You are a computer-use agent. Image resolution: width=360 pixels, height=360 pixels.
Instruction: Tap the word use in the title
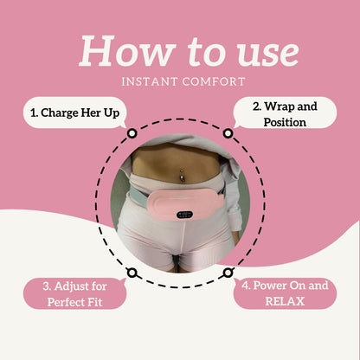point(268,55)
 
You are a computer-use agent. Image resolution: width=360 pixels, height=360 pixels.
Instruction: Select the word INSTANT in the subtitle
point(150,81)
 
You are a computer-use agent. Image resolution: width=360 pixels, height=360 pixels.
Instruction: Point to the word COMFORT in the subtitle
point(214,81)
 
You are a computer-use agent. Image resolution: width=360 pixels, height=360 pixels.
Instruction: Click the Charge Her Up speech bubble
point(75,112)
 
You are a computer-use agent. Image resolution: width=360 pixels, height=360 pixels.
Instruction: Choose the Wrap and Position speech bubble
point(285,113)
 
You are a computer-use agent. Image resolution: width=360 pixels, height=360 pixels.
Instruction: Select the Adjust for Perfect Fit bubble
point(75,293)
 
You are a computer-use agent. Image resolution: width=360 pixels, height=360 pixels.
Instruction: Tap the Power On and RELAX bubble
point(285,293)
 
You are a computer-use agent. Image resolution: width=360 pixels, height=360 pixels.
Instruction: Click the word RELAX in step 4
point(285,301)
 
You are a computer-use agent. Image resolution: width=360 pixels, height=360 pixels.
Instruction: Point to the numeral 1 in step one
point(34,112)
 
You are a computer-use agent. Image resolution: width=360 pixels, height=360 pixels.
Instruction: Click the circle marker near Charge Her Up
point(132,133)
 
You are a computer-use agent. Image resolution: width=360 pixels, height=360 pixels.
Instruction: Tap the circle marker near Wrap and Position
point(228,133)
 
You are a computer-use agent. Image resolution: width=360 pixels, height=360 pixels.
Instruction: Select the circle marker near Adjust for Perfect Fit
point(132,273)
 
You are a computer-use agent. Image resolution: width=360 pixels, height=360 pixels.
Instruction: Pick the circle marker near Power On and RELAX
point(228,273)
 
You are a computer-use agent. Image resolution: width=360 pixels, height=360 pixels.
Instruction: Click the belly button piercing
point(182,175)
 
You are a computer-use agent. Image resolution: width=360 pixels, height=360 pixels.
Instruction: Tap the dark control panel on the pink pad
point(184,215)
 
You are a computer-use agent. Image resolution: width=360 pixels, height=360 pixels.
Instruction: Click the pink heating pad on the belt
point(185,204)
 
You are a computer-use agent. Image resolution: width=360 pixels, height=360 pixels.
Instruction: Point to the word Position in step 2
point(285,122)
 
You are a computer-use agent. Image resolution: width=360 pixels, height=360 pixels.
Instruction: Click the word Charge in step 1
point(59,113)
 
